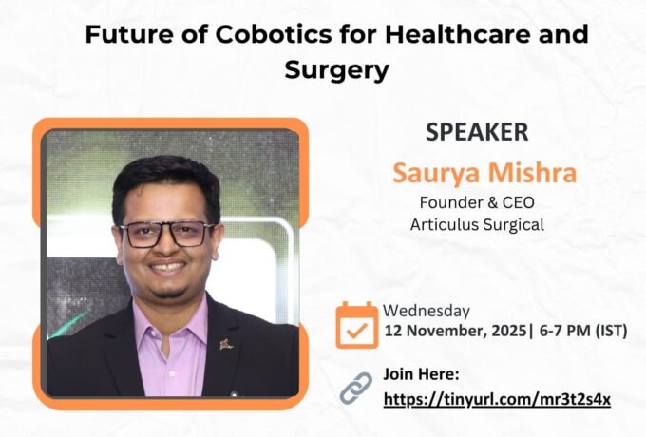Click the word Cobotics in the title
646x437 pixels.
click(x=254, y=35)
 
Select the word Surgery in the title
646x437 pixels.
click(x=336, y=69)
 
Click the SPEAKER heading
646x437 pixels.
click(x=478, y=133)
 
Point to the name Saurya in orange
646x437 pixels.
click(x=432, y=174)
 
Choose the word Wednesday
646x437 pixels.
click(x=427, y=311)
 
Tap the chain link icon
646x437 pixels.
click(x=356, y=387)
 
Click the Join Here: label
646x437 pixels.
click(x=421, y=374)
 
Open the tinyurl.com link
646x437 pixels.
click(x=497, y=398)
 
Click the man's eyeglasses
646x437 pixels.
click(x=166, y=233)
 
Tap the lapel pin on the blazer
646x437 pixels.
click(x=226, y=344)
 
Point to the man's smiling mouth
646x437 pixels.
click(x=168, y=268)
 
